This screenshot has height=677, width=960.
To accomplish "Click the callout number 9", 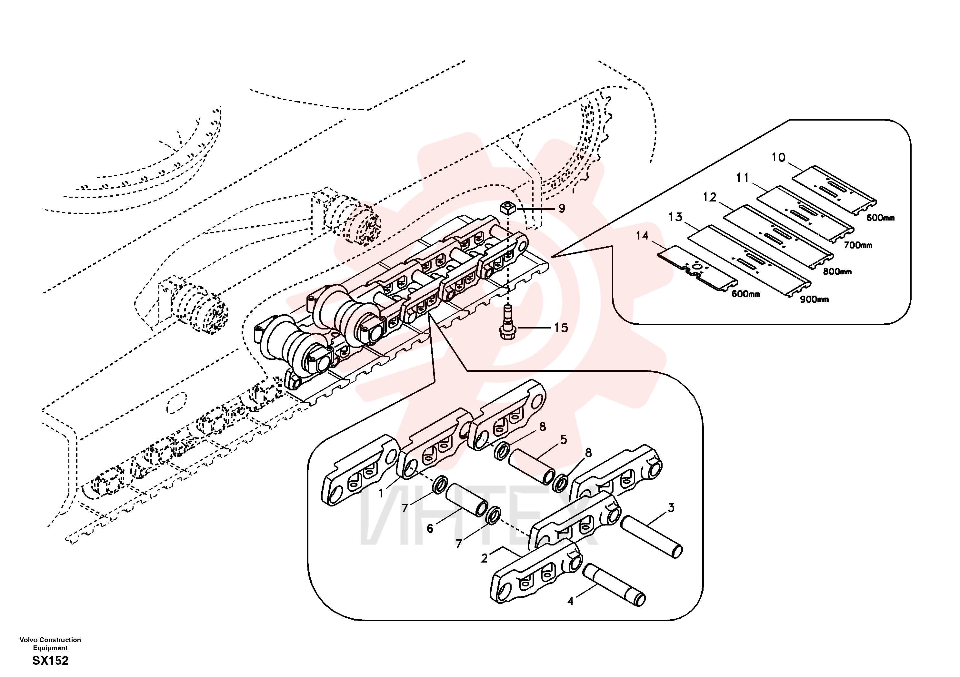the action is coord(562,208).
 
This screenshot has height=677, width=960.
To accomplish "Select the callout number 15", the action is coord(561,328).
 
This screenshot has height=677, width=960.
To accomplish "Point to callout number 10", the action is coord(778,158).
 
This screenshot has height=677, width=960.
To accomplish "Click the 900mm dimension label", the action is coord(815,299).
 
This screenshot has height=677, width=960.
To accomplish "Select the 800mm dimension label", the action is coord(837,272).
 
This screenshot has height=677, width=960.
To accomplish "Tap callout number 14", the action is coord(642,236).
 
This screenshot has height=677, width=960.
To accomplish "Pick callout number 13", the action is coord(675,217).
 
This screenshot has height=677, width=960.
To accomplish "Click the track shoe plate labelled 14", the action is coord(696,273).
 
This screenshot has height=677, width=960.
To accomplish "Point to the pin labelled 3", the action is coord(651,537).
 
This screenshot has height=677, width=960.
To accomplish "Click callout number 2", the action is coord(484,558).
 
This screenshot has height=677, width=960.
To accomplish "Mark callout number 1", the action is coord(381,494).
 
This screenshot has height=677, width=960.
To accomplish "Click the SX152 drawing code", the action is coord(50,661).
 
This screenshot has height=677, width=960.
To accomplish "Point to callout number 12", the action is coord(710,197).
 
